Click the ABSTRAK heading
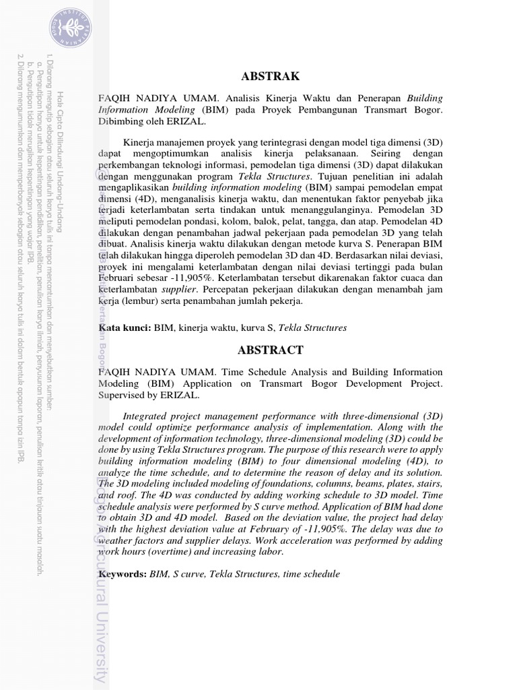coord(271,77)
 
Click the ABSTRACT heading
coord(271,350)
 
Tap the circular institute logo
coord(69,26)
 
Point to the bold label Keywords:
coord(123,574)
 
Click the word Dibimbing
coord(123,122)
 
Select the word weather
coord(118,541)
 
